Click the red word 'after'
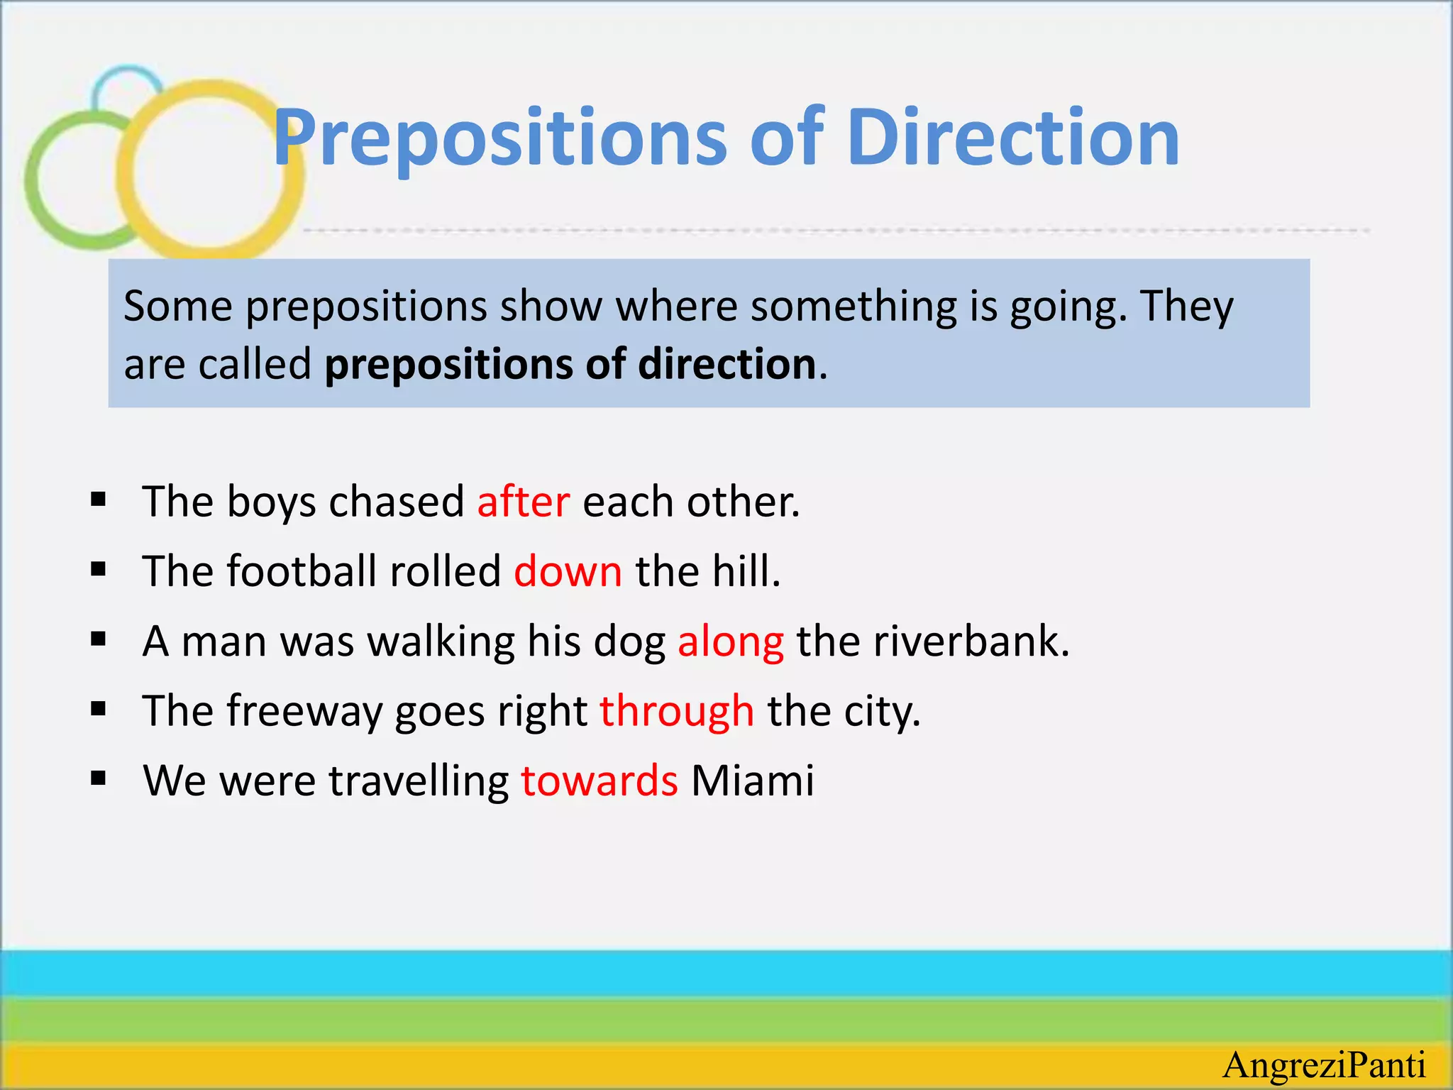[523, 502]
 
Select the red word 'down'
[568, 571]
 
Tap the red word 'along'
[731, 642]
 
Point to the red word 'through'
[677, 711]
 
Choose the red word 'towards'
[600, 781]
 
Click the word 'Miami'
[753, 781]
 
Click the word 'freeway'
[304, 711]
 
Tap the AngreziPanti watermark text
[1325, 1065]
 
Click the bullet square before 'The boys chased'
[99, 500]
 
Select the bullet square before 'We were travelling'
[99, 779]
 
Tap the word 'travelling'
[419, 781]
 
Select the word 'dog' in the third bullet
[629, 642]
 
